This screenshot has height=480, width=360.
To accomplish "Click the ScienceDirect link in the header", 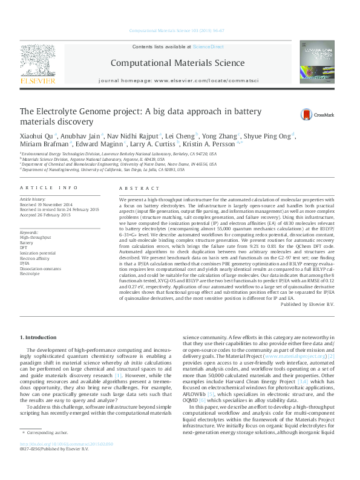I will (208, 47).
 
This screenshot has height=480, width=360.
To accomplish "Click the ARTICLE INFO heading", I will (48, 188).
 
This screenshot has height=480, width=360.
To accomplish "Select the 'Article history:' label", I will (33, 199).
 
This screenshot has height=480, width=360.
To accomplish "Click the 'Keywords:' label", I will (29, 232).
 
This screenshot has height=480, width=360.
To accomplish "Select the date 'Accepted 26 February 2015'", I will (45, 215).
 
